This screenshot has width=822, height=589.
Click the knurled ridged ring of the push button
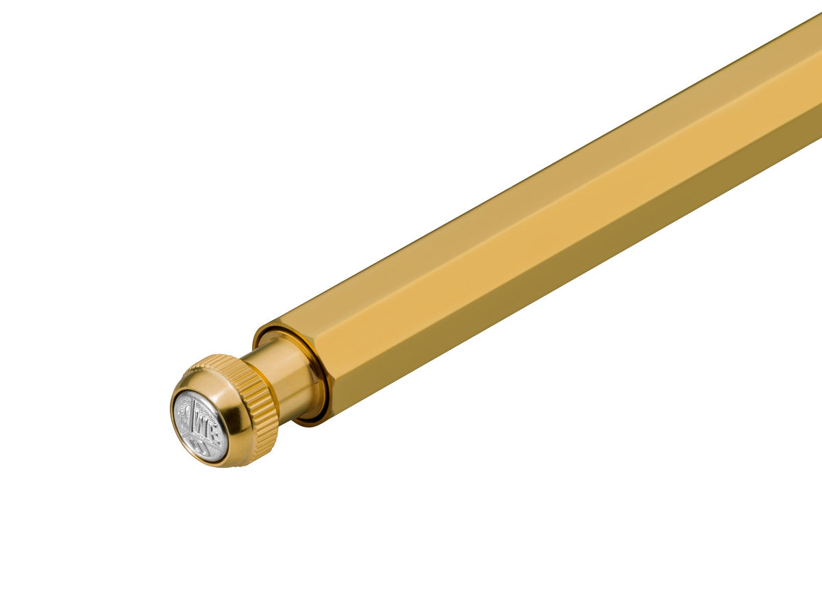point(260,411)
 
